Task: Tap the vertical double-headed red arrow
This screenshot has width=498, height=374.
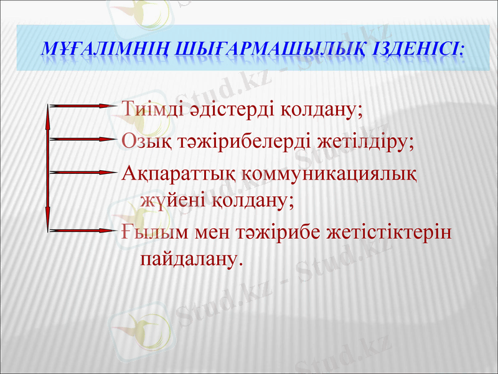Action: (x=48, y=168)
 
